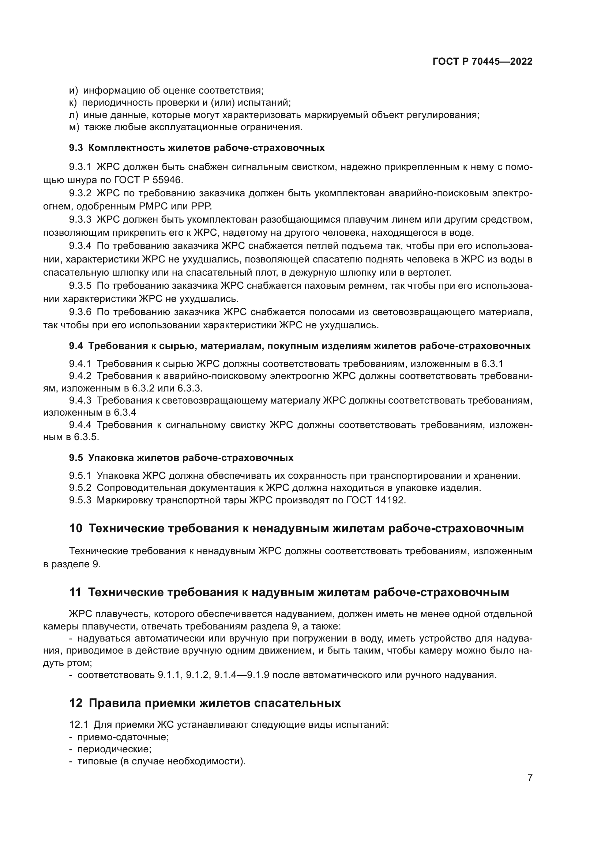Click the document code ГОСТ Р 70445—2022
(482, 61)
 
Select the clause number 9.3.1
(80, 167)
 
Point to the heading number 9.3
(76, 148)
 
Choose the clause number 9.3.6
(80, 312)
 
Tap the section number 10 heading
(76, 528)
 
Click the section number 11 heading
(75, 592)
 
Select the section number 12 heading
(76, 703)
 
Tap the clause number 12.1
(79, 725)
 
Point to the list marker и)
(74, 91)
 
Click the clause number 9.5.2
(80, 488)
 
